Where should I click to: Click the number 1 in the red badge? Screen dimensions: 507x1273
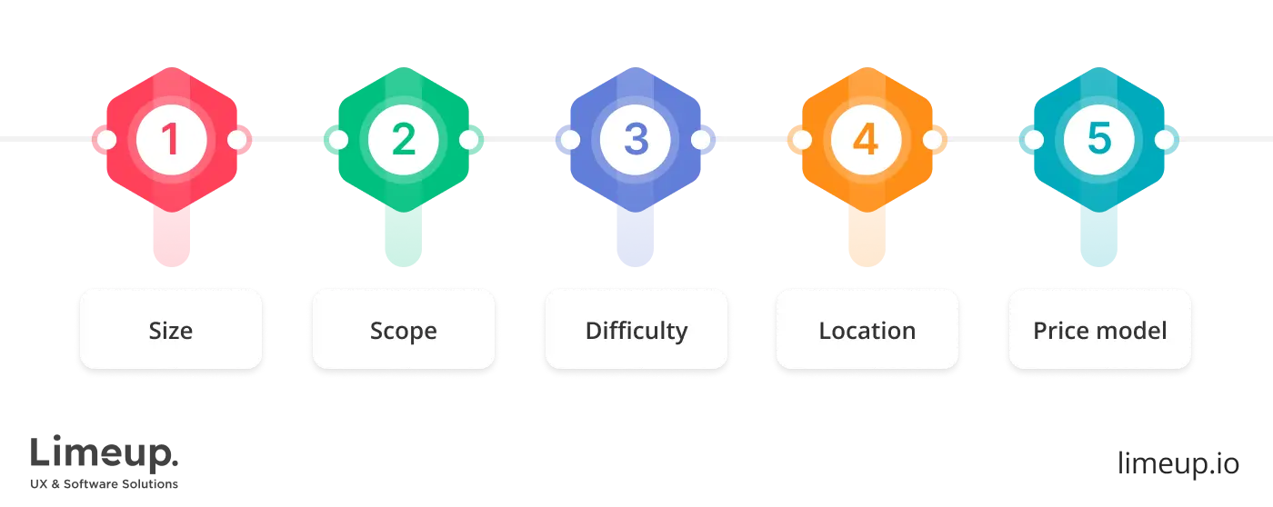[x=171, y=140]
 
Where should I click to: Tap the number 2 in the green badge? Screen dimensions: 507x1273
[x=403, y=140]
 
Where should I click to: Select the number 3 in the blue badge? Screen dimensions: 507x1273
[x=636, y=140]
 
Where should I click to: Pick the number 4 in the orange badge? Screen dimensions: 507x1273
[x=867, y=140]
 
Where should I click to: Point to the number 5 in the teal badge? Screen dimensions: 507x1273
[x=1099, y=140]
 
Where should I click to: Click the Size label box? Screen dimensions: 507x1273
[x=171, y=330]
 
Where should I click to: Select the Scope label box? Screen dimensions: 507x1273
[x=403, y=330]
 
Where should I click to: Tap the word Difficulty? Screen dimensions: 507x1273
[x=636, y=330]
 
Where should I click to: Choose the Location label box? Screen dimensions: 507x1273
[x=867, y=330]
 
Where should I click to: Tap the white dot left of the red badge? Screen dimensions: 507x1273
[x=105, y=140]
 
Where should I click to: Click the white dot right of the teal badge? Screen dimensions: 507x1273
[x=1166, y=140]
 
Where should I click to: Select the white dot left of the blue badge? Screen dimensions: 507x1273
[x=570, y=140]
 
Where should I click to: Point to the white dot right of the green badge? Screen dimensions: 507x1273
[x=469, y=140]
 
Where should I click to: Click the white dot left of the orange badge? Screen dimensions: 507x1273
[x=801, y=140]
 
